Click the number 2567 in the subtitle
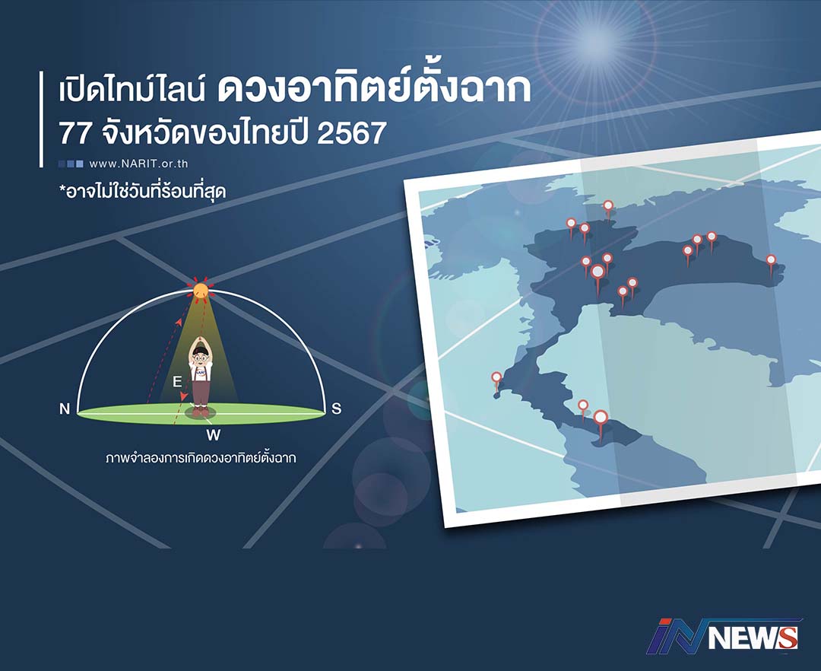(x=351, y=133)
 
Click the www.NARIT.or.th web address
(x=138, y=164)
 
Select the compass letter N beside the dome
(x=65, y=409)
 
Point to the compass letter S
(x=337, y=409)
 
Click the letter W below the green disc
(x=213, y=434)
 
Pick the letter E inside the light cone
(x=177, y=381)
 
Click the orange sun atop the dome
(x=201, y=290)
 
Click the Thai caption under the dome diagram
(x=201, y=458)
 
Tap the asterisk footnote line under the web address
(x=142, y=192)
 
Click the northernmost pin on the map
(x=608, y=205)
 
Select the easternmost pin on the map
(x=771, y=259)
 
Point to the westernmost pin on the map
(x=496, y=377)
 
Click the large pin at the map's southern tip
(x=601, y=418)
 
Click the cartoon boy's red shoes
(x=201, y=412)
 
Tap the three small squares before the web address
(x=71, y=164)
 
